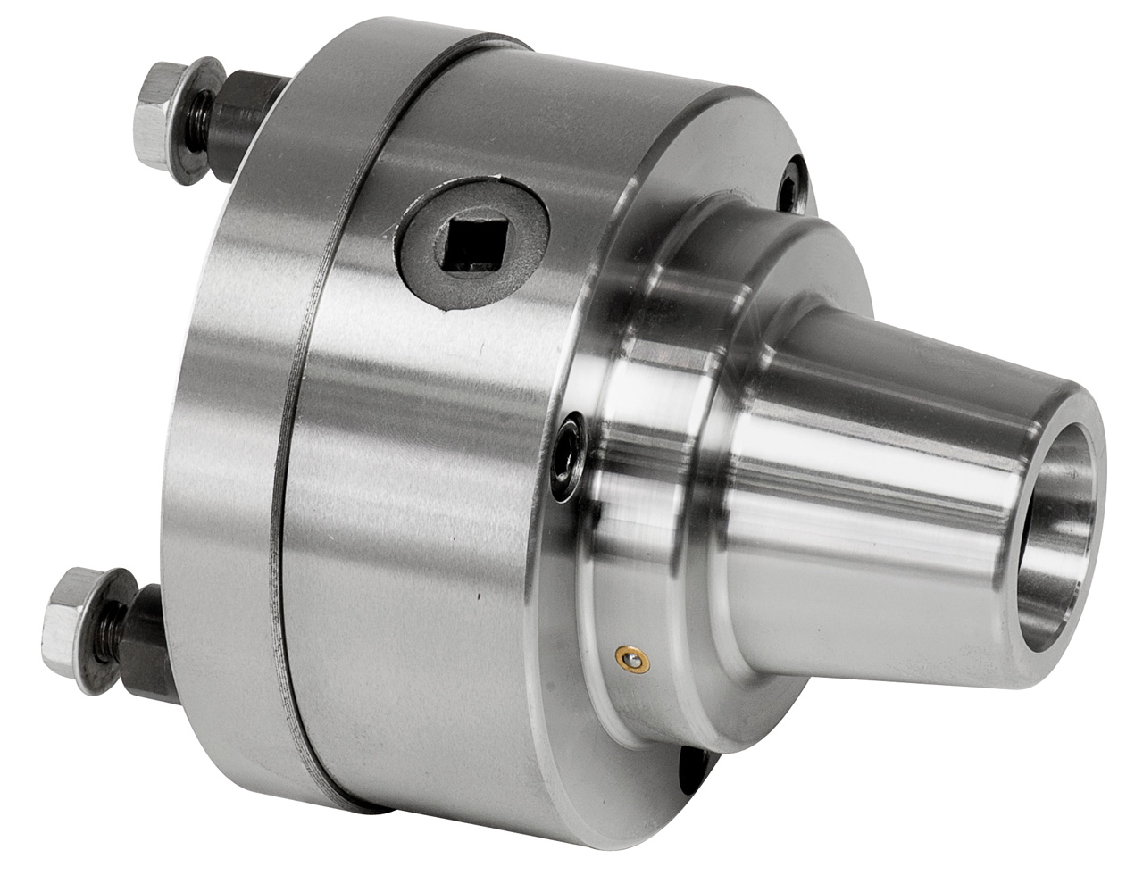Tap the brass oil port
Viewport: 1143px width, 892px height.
[x=633, y=659]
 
